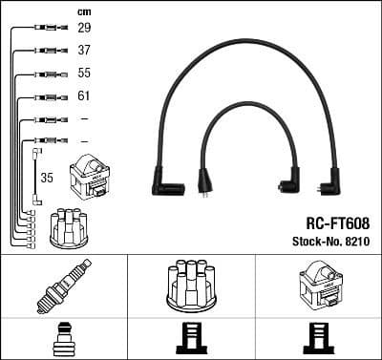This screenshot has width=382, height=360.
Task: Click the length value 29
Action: tap(85, 29)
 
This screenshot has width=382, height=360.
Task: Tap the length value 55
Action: tap(85, 74)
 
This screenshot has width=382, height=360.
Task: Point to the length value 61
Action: tap(85, 96)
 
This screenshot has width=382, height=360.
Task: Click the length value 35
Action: tap(46, 177)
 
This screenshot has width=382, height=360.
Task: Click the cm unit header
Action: tap(83, 11)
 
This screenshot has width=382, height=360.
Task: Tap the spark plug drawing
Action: tap(63, 284)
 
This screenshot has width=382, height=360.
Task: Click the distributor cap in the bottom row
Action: tap(191, 285)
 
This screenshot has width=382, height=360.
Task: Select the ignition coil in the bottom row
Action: tap(317, 285)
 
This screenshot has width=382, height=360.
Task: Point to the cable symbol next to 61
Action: tap(45, 96)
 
